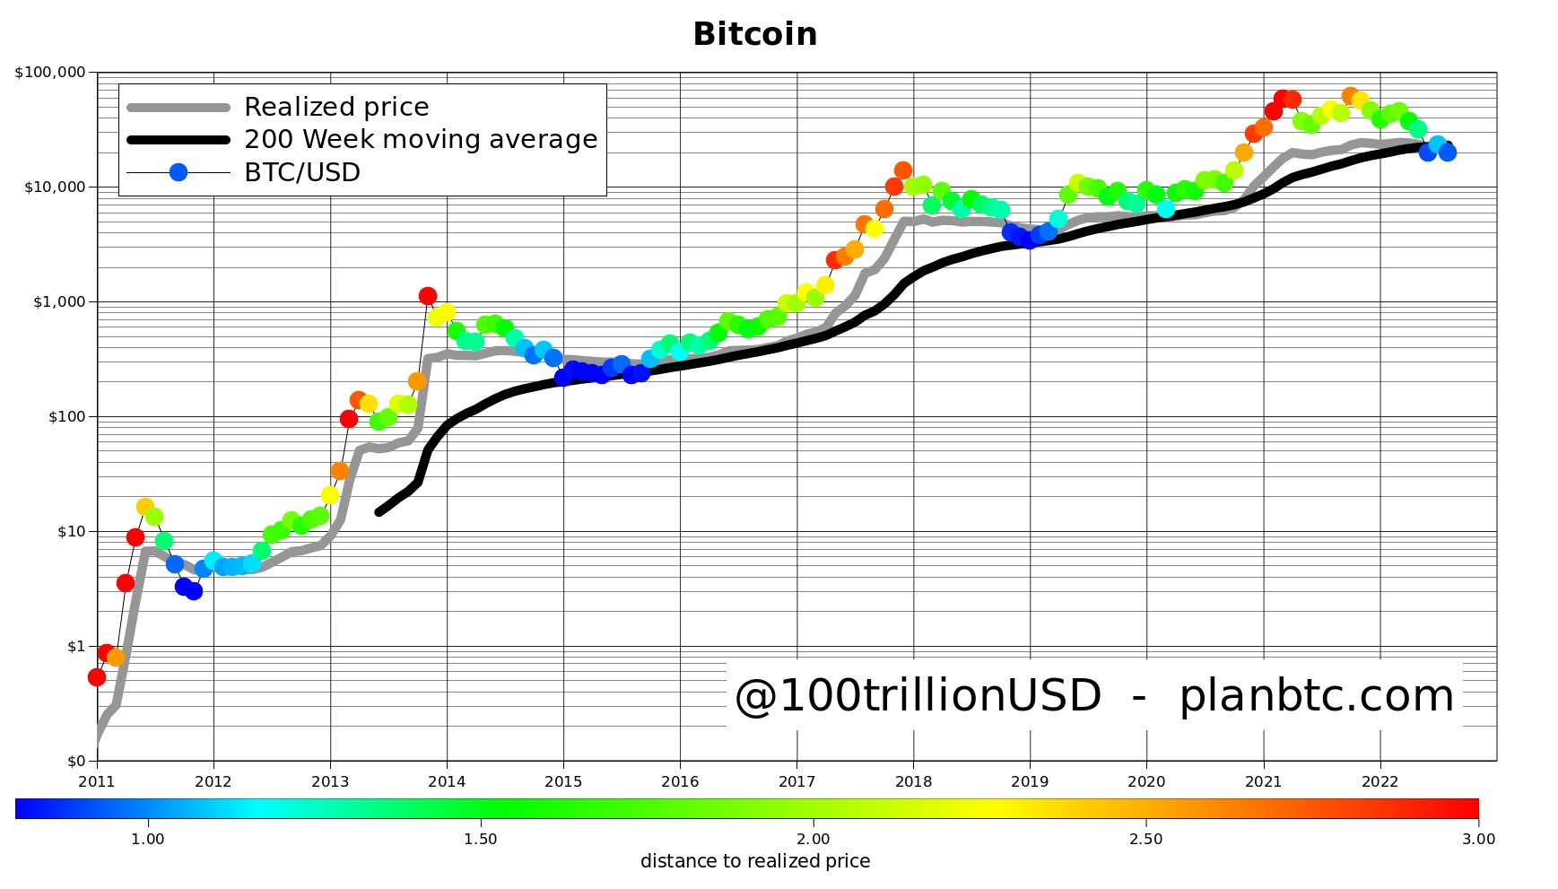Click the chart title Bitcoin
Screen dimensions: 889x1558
(x=754, y=34)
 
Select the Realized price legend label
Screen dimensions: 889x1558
(x=336, y=107)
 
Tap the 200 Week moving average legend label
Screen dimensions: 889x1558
(x=421, y=139)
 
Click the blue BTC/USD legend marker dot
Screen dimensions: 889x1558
(x=178, y=171)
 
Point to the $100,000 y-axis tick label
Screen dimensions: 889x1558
(x=50, y=73)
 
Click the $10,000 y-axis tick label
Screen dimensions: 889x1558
(x=55, y=187)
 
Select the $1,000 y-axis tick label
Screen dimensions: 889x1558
(x=59, y=302)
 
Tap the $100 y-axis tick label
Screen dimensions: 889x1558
(x=67, y=417)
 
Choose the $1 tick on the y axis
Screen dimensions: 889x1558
(x=75, y=647)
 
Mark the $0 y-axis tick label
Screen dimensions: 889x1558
(x=75, y=762)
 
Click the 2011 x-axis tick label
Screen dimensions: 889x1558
(x=97, y=781)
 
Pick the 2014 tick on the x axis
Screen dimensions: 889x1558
(x=447, y=781)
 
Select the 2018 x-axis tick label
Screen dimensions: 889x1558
(x=913, y=781)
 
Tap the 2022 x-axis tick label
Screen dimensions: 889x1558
(x=1380, y=781)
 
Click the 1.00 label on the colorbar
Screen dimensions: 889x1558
(x=148, y=840)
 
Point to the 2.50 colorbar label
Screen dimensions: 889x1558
(x=1145, y=840)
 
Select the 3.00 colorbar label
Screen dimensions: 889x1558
(x=1478, y=840)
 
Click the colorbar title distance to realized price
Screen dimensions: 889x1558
(x=754, y=861)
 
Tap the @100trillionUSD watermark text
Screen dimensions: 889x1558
(x=918, y=696)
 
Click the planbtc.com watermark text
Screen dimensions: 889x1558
(x=1316, y=696)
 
